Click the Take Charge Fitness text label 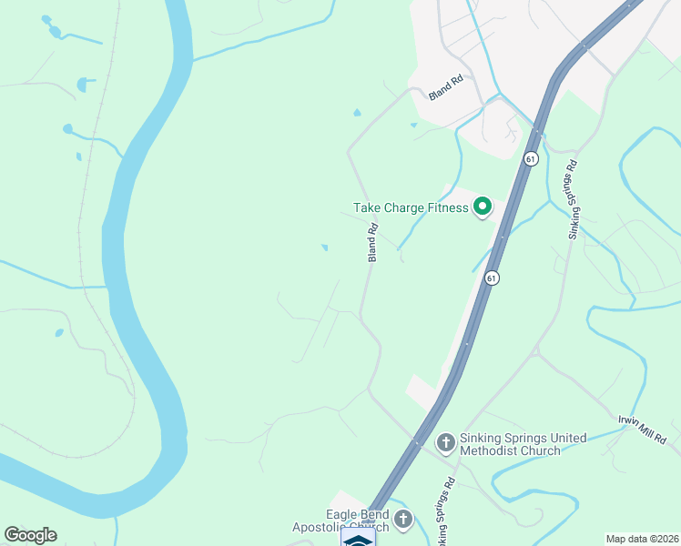tap(411, 208)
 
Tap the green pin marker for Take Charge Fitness tap(482, 207)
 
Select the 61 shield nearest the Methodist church tap(492, 278)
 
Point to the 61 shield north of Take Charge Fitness tap(531, 158)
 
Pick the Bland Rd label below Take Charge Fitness tap(372, 244)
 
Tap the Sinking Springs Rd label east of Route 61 tap(573, 200)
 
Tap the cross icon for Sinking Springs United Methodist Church tap(445, 443)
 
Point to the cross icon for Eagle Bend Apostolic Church tap(403, 521)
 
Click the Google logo tap(30, 535)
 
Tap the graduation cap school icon tap(358, 539)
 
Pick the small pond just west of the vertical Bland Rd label tap(324, 247)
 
